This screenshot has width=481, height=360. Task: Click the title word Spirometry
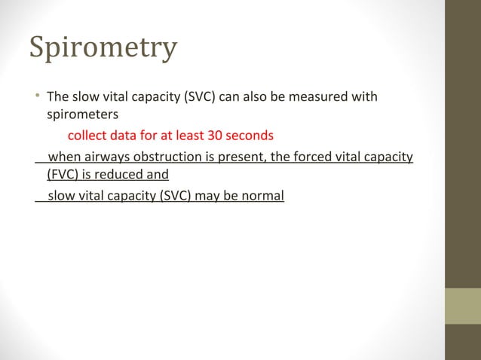coord(103,47)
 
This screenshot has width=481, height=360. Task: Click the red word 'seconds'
coord(250,137)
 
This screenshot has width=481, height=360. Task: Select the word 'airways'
coord(104,157)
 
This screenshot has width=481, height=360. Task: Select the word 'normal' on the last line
coord(262,197)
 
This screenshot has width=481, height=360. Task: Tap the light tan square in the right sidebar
coord(462,306)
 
